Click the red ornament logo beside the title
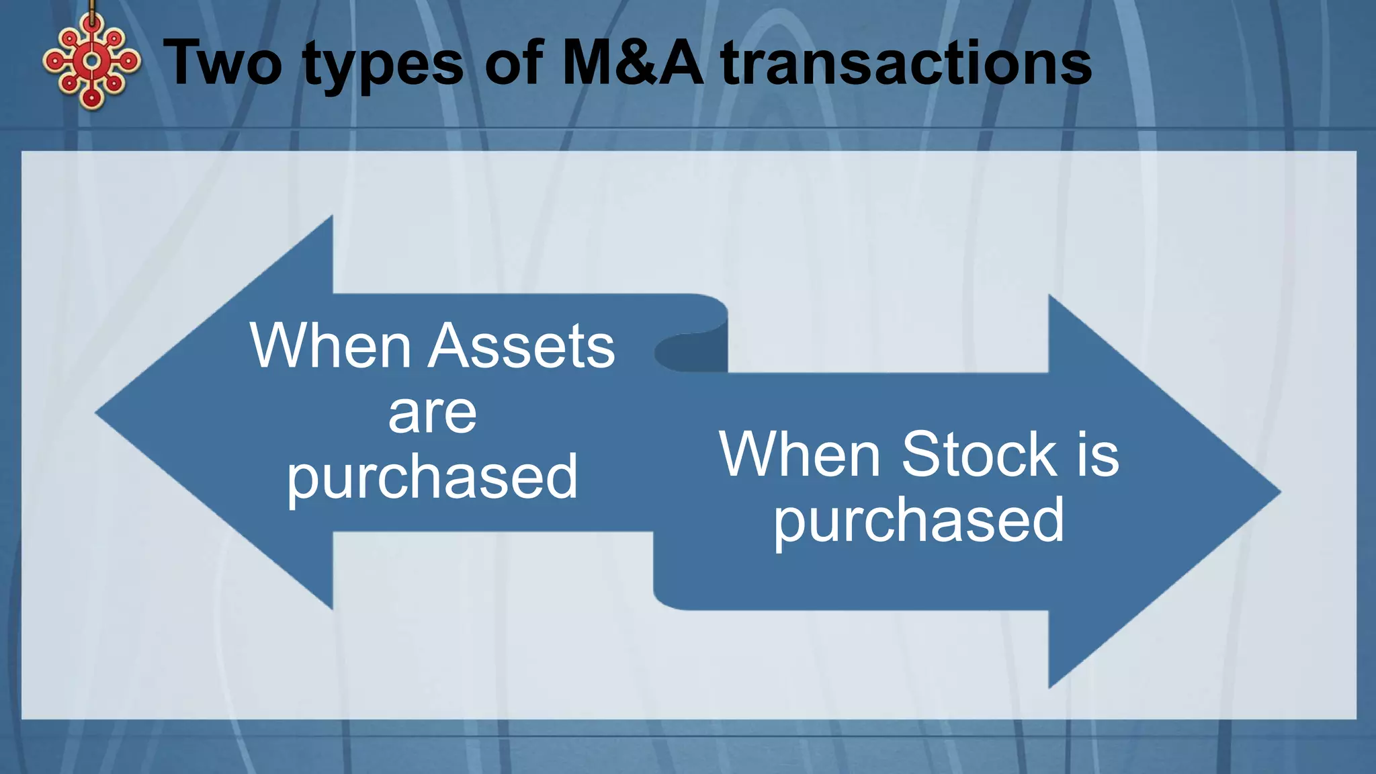click(x=91, y=62)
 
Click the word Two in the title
click(x=223, y=63)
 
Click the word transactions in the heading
click(x=906, y=63)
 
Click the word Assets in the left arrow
click(x=521, y=346)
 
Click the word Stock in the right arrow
click(x=978, y=455)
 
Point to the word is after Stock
click(x=1098, y=455)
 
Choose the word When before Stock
click(x=800, y=455)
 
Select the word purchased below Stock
click(x=919, y=521)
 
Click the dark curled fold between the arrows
click(x=692, y=351)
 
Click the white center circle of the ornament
click(x=91, y=61)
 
